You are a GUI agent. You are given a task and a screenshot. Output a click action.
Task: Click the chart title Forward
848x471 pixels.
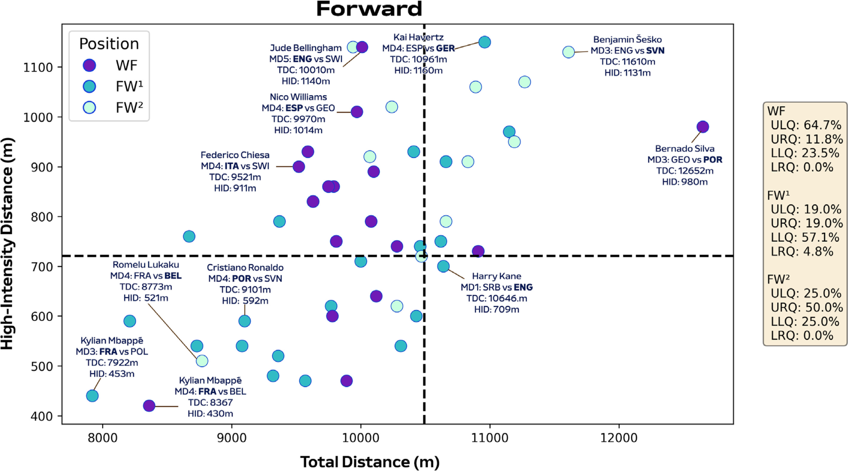coord(369,9)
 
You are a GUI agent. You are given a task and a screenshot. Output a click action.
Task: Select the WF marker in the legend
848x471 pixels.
coord(89,65)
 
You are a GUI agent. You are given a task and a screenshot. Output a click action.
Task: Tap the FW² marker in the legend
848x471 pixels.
coord(89,107)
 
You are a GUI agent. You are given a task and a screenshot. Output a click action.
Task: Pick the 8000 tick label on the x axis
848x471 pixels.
coord(102,438)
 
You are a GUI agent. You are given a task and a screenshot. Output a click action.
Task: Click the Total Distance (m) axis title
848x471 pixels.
coord(370,462)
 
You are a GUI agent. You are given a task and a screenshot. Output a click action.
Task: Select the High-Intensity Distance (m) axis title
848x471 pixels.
coord(7,243)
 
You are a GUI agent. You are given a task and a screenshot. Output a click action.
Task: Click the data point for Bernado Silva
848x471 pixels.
coord(703,127)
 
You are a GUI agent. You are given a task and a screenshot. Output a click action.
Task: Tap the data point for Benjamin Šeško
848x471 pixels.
coord(569,52)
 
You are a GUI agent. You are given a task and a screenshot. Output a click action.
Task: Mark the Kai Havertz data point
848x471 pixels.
coord(485,42)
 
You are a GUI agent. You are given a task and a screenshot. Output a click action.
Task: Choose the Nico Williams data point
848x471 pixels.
coord(357,112)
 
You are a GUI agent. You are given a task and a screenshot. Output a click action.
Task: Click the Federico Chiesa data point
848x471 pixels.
coord(299,167)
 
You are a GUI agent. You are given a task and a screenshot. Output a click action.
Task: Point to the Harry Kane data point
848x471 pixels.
coord(443,266)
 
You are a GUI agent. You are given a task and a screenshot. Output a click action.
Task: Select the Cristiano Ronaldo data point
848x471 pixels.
coord(245,321)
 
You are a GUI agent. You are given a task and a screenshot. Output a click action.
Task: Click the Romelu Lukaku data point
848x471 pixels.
coord(202,361)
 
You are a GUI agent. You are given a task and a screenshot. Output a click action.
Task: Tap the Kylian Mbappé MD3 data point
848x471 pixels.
coord(92,396)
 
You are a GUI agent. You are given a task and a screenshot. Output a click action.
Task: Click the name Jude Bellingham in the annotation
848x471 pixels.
coord(306,48)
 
